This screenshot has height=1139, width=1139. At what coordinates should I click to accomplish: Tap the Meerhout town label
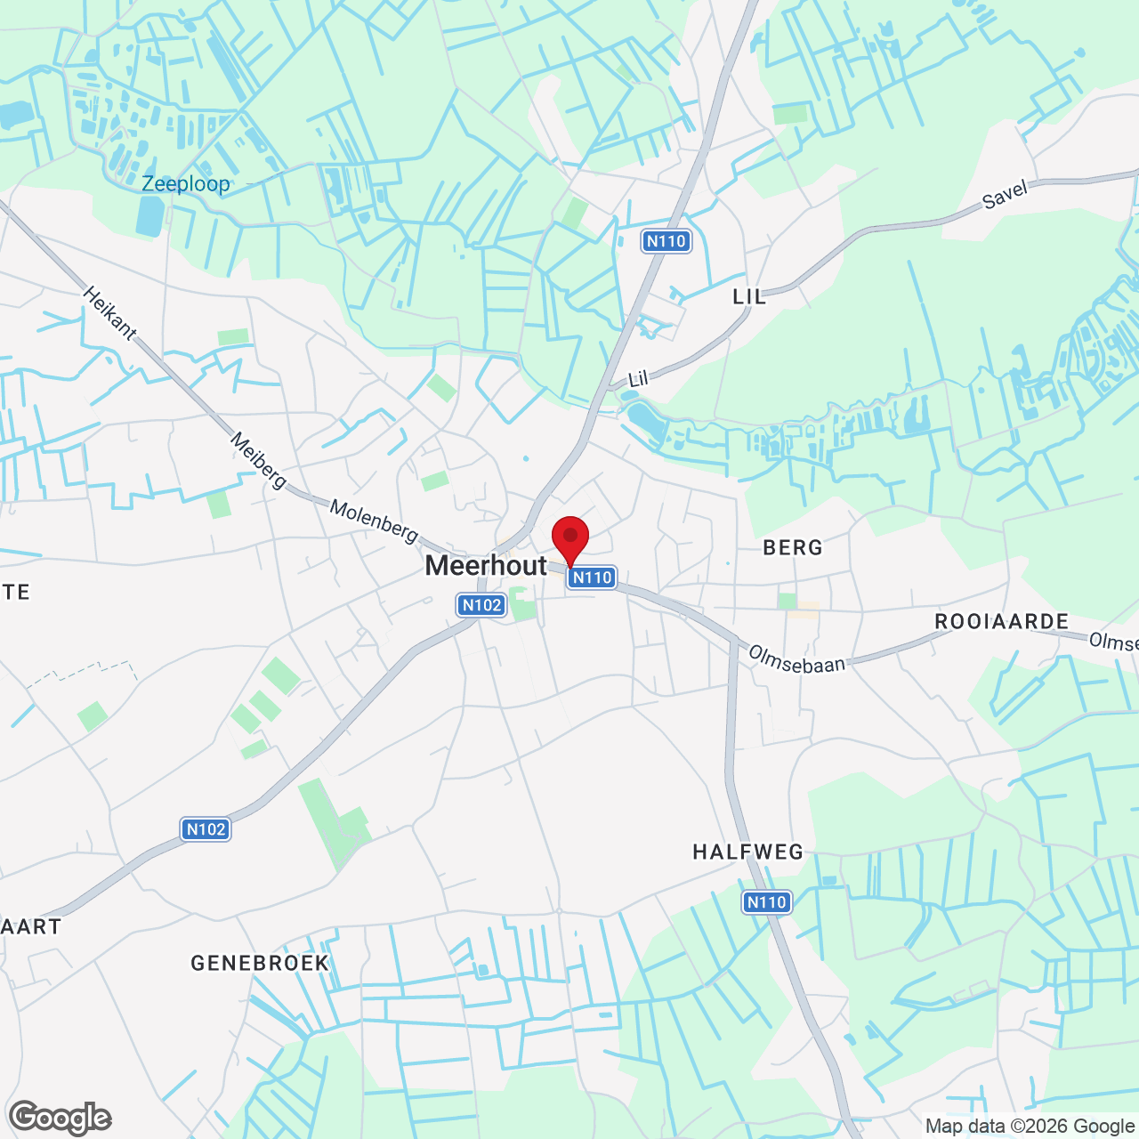[486, 565]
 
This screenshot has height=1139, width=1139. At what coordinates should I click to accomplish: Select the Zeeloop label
[186, 184]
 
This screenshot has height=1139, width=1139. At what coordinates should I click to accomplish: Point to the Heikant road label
[110, 313]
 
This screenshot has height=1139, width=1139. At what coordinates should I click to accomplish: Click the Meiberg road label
[258, 460]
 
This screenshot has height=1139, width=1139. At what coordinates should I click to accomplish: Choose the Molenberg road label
[374, 521]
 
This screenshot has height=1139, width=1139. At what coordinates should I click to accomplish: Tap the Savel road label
[1006, 195]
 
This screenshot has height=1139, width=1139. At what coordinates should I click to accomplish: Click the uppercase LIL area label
[749, 296]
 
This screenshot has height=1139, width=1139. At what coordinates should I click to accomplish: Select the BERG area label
[793, 547]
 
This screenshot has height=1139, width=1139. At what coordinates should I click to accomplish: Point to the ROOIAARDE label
[1001, 621]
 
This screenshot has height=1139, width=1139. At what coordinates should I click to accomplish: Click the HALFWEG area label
[747, 852]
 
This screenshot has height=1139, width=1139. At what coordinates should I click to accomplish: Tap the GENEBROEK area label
[260, 963]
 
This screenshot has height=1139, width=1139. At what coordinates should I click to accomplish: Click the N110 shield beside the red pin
[592, 578]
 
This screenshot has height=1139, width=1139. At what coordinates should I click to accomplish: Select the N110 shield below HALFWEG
[766, 902]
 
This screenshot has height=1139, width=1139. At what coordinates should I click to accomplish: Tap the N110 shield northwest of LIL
[666, 240]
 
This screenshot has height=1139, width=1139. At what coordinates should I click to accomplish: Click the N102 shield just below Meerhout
[481, 605]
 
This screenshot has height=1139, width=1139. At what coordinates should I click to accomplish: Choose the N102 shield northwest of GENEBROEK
[206, 829]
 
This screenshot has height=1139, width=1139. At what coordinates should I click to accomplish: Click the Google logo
[61, 1118]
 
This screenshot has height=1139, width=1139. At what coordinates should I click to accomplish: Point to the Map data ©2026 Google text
[1029, 1127]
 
